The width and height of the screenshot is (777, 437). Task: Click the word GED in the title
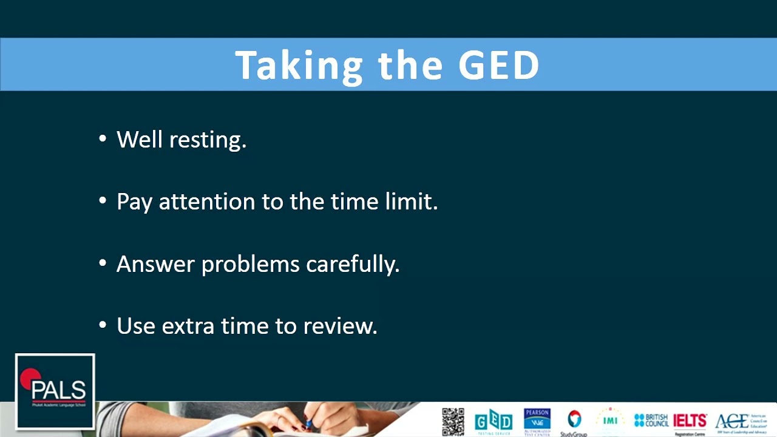[x=498, y=65]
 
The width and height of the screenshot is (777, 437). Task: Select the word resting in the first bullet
[x=208, y=140]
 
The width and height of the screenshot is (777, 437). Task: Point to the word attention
[x=207, y=202]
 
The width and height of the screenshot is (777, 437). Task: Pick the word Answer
[x=155, y=264]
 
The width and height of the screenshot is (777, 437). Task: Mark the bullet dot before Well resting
[x=102, y=140]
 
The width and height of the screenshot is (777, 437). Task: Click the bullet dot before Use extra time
[x=102, y=326]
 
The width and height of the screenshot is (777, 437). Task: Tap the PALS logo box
[x=55, y=391]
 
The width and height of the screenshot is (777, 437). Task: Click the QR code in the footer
[x=453, y=421]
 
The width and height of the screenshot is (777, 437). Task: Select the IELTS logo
[x=690, y=421]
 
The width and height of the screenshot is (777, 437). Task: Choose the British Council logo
[x=651, y=420]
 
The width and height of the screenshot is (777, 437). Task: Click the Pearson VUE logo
[x=537, y=421]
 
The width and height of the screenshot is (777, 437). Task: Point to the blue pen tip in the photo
[x=309, y=424]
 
